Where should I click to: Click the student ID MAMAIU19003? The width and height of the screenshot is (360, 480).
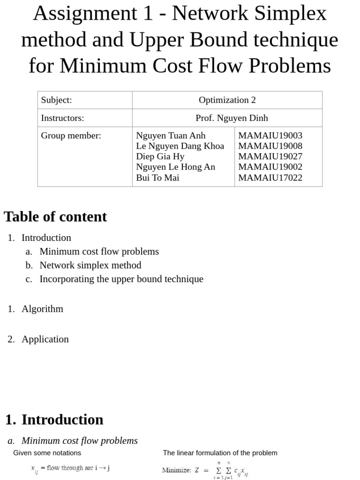tap(270, 135)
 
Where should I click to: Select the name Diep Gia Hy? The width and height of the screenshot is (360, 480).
tap(160, 157)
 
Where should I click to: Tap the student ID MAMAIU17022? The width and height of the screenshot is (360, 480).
tap(270, 178)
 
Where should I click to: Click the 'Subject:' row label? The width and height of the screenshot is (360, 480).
tap(56, 100)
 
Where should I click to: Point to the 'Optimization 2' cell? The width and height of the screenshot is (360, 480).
tap(227, 100)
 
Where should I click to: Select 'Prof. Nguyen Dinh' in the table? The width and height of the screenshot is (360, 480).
tap(232, 118)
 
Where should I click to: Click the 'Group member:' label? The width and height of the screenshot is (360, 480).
tap(71, 135)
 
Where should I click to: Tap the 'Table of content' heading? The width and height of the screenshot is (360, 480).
tap(55, 217)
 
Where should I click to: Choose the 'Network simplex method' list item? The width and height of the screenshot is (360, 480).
tap(90, 265)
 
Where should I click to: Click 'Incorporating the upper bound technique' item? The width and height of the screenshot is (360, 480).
tap(121, 279)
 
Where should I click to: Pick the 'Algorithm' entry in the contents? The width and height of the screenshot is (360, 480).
tap(42, 308)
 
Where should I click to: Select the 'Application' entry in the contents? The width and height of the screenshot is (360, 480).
tap(45, 339)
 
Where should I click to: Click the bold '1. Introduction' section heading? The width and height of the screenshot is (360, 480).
tap(54, 419)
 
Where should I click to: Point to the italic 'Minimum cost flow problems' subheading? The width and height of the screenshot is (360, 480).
tap(79, 441)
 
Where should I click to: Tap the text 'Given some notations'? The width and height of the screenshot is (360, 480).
tap(47, 453)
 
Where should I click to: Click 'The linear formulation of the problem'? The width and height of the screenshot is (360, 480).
tap(220, 453)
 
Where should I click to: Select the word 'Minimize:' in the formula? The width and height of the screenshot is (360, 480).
tap(176, 470)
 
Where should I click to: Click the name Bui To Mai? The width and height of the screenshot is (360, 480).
tap(157, 178)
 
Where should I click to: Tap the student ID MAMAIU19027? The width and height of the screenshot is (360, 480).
tap(270, 157)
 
